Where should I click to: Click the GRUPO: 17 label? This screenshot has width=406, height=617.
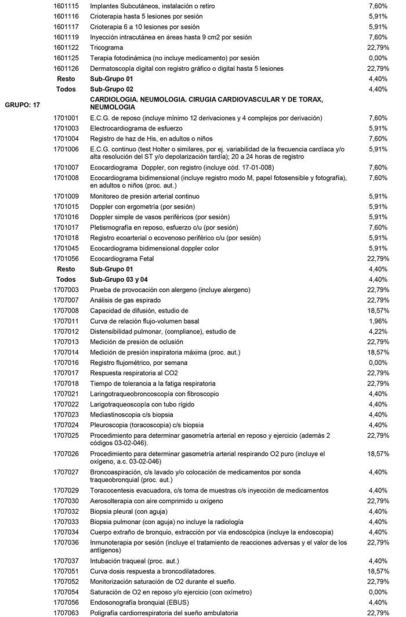(23, 105)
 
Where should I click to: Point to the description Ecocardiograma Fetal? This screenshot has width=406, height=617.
(122, 258)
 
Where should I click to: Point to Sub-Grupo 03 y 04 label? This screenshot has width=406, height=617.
(119, 279)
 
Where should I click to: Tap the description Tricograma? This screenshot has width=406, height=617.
(107, 48)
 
